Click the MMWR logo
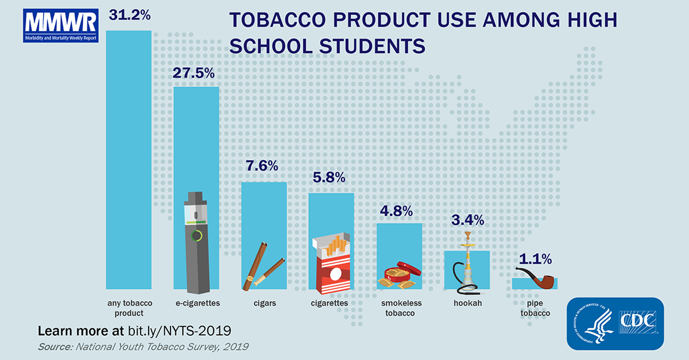(x=61, y=25)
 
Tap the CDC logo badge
(x=615, y=324)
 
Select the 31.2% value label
(x=130, y=15)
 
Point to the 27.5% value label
(x=193, y=73)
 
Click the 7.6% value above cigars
(x=262, y=166)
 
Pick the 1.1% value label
(x=536, y=259)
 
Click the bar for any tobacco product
(x=129, y=160)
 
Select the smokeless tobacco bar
(x=399, y=256)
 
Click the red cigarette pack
(x=332, y=264)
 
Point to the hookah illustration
(x=466, y=263)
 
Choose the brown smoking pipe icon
(x=537, y=278)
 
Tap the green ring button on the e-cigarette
(x=196, y=236)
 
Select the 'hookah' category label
(x=467, y=303)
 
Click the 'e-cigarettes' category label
(x=198, y=303)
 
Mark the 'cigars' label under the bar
(x=265, y=303)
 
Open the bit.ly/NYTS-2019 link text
(x=179, y=331)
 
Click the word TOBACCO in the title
(x=277, y=20)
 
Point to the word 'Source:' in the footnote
(x=55, y=347)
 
